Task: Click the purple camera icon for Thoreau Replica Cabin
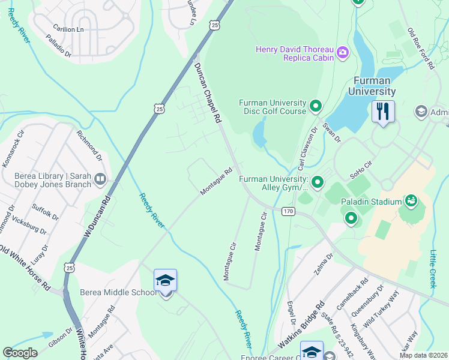[x=343, y=53]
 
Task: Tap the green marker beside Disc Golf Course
[x=316, y=107]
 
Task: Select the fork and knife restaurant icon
[x=382, y=111]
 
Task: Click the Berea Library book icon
[x=100, y=179]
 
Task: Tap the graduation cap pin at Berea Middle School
[x=165, y=281]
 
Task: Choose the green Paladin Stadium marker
[x=411, y=200]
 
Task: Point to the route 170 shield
[x=289, y=211]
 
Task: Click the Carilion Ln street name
[x=68, y=28]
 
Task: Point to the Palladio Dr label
[x=59, y=43]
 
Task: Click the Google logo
[x=20, y=353]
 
